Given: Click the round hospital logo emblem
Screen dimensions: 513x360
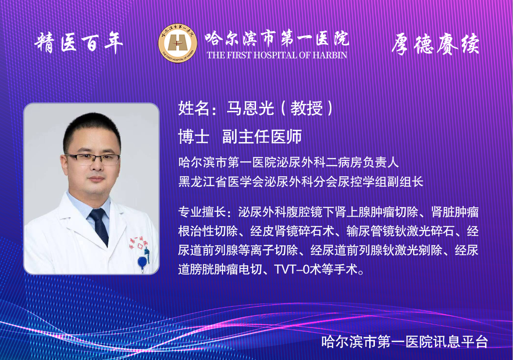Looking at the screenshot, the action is pos(178,43).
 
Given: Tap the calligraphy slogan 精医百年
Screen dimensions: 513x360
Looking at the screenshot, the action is pos(78,43).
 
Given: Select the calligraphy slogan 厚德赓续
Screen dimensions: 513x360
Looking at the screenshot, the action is pos(435,44).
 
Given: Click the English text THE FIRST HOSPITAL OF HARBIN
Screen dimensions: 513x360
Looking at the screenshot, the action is pos(277,55).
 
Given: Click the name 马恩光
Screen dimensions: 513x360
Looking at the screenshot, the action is pos(250,108).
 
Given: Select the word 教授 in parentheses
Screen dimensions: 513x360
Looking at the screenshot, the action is pos(306,108).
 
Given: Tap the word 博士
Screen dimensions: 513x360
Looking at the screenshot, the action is pos(194,136).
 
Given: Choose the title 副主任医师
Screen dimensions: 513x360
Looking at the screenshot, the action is pos(262,136).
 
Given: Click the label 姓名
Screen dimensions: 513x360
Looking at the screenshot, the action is pos(194,108).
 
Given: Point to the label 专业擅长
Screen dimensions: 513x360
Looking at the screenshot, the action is pos(202,212).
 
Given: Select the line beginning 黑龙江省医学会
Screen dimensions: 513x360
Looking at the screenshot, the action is pos(301,181).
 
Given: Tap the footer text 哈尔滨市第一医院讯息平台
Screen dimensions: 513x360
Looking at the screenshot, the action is pos(405,342).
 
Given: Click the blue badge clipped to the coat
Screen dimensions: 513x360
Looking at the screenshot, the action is pos(142,263).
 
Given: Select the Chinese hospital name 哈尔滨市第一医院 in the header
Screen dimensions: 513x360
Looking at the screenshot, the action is pos(277,39).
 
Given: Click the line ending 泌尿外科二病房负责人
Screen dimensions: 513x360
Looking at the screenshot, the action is pos(289,162).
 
